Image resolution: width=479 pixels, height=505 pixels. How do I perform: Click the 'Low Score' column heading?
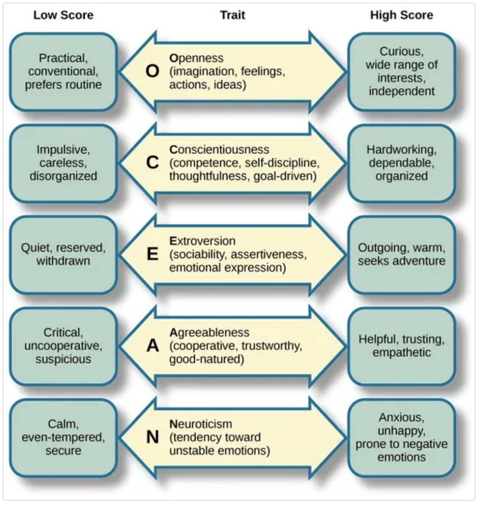(63, 15)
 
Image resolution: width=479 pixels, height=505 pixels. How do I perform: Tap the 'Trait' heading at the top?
(233, 15)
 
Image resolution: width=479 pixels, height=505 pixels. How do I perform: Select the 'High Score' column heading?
(401, 15)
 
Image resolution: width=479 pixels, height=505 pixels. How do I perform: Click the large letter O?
(152, 71)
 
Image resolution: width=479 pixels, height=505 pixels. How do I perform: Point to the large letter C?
(152, 163)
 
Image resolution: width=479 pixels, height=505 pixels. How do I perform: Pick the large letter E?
(152, 254)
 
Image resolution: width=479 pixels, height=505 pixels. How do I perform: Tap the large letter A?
(152, 346)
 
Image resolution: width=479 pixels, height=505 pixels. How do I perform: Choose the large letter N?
(152, 437)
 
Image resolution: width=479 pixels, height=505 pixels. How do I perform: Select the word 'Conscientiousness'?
(219, 149)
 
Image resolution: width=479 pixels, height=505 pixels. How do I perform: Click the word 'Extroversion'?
(202, 241)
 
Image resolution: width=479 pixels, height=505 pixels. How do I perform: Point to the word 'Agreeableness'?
(209, 332)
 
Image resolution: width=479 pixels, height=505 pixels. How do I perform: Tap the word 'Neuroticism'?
(201, 424)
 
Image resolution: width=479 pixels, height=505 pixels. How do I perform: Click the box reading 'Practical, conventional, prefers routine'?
(63, 71)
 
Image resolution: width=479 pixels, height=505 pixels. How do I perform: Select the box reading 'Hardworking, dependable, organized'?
(401, 163)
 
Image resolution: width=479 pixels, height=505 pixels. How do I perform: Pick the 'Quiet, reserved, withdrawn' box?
(63, 254)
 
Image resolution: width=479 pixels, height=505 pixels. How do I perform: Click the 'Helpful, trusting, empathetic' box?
(401, 346)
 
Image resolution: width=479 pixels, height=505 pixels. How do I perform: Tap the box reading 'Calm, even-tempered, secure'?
(63, 437)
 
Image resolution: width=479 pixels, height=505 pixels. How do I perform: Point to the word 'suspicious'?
(63, 359)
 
